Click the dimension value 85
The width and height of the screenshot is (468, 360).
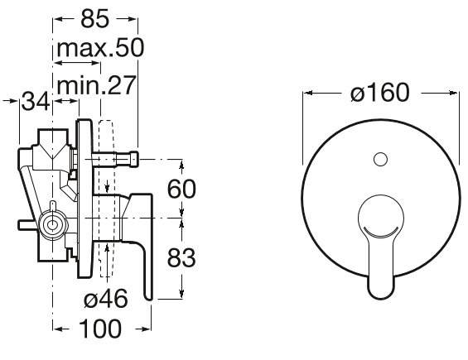point(95,19)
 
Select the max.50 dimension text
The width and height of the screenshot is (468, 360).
point(100,48)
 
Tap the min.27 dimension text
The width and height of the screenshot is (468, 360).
point(96,85)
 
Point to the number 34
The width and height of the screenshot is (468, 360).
point(36,102)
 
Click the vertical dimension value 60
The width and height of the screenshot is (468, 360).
point(181,189)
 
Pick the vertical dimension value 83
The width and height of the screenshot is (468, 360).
point(181,258)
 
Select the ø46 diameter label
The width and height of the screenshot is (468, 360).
point(106,299)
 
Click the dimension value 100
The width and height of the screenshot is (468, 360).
point(101,329)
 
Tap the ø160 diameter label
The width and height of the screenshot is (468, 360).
point(379,93)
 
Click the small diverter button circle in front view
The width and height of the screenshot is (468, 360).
point(380,159)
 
